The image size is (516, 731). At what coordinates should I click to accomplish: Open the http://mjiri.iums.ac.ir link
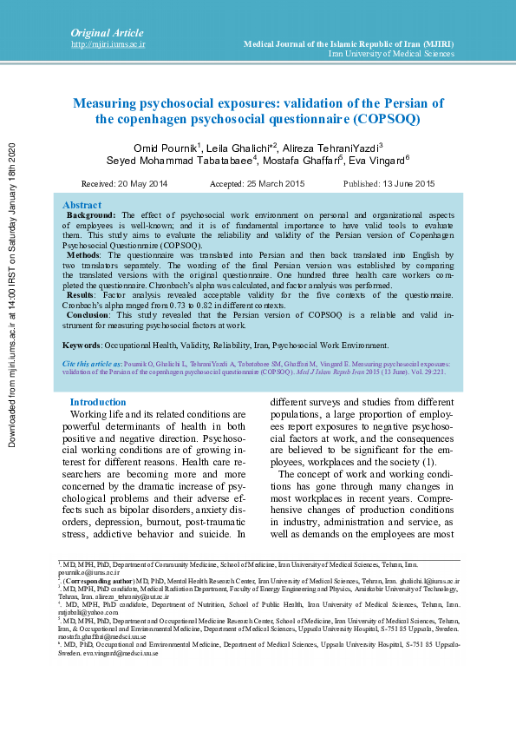[x=108, y=43]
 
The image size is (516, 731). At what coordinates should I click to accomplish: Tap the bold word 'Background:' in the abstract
[x=91, y=214]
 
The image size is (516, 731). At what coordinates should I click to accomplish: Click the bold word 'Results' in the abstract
[x=82, y=296]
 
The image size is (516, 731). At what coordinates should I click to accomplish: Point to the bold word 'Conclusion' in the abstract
[x=88, y=316]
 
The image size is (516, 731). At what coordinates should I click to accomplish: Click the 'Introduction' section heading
[x=98, y=402]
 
